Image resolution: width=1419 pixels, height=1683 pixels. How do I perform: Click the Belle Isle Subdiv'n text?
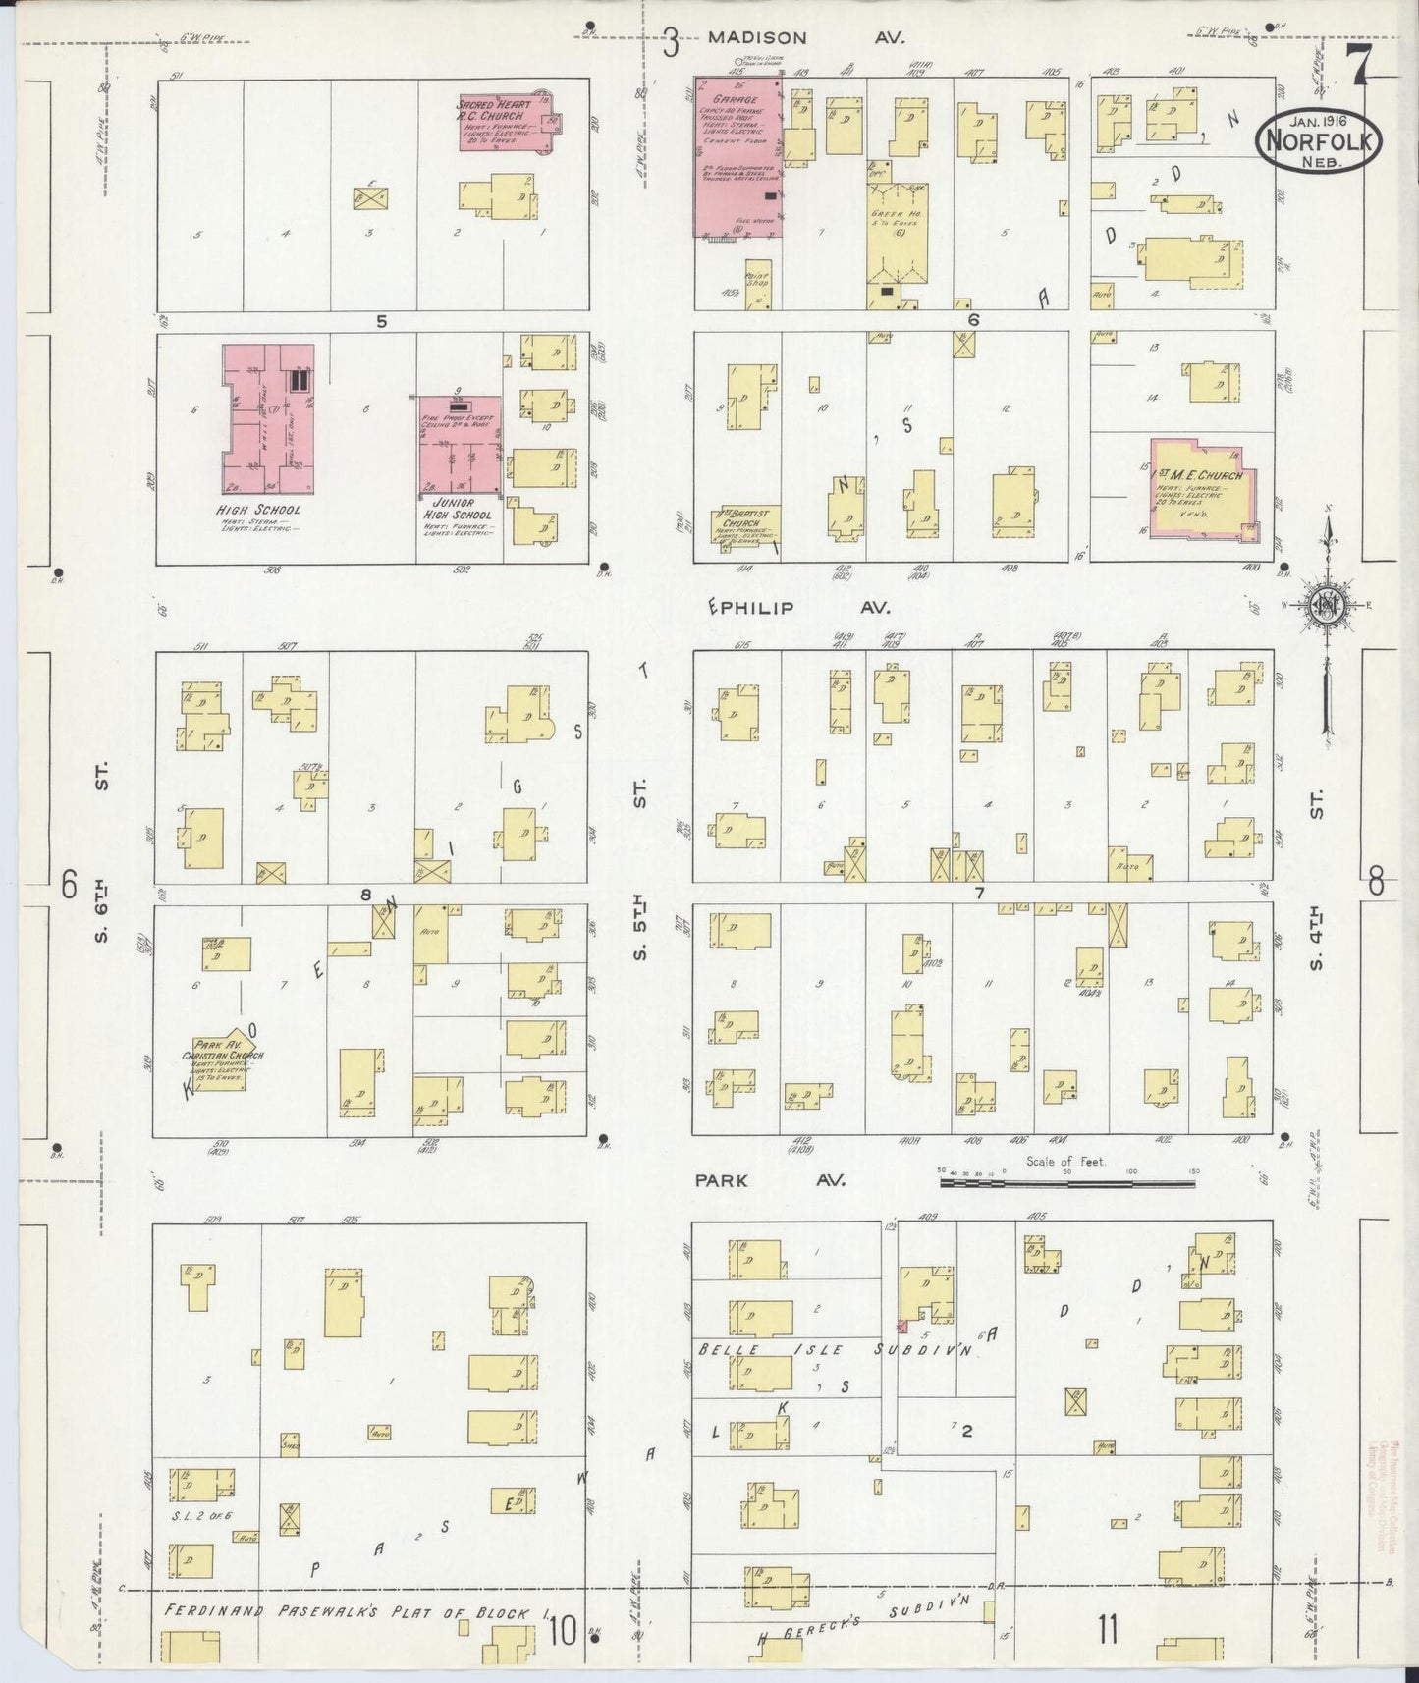(x=834, y=1350)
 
